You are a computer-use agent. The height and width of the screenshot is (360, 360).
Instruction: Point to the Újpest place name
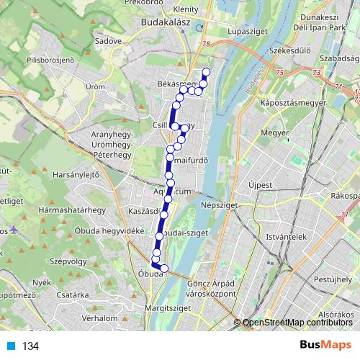point(260,185)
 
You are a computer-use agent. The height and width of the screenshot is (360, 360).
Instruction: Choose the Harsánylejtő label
point(76,174)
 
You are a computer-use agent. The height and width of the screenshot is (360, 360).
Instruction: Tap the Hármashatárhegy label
point(72,210)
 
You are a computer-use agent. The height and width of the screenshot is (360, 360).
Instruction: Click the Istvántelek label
point(287,236)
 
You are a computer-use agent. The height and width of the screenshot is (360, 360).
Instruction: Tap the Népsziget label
point(228,205)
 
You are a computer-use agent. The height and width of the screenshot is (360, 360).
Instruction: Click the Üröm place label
point(96,86)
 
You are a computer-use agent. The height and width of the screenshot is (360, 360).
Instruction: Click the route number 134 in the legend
point(30,346)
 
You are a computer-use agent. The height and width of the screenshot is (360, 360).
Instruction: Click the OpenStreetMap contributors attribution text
point(300,323)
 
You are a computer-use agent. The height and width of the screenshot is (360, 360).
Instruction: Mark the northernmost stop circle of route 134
point(206,71)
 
